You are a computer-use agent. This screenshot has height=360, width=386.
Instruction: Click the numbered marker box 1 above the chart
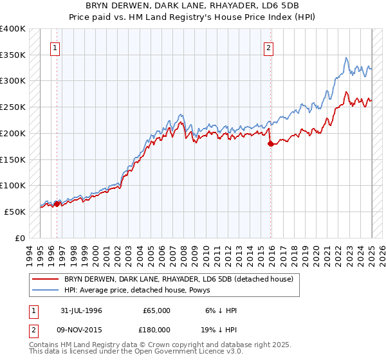point(55,48)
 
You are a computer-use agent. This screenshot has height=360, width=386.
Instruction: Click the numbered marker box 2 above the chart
point(268,48)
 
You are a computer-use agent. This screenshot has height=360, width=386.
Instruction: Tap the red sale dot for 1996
point(57,204)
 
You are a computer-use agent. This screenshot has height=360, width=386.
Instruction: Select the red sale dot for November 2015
point(270,143)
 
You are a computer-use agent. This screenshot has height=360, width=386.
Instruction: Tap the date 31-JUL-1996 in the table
point(82,310)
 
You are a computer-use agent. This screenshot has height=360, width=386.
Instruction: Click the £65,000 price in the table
point(156,310)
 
